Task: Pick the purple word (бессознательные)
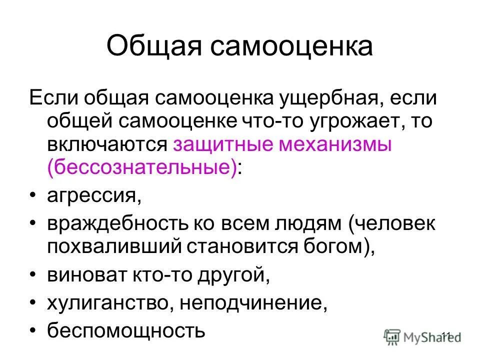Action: (142, 168)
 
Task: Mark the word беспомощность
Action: (126, 330)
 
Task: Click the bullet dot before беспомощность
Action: (33, 331)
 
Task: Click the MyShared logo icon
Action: (393, 336)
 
